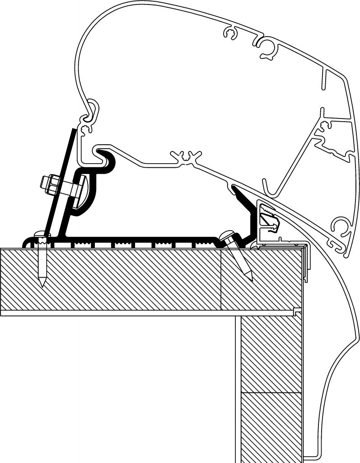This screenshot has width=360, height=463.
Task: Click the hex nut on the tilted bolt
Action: coord(49,184)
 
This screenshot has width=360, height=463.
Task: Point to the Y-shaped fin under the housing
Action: coord(186,156)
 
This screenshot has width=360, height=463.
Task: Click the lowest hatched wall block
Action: coord(271,425)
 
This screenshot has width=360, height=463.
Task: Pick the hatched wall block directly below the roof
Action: coord(271,353)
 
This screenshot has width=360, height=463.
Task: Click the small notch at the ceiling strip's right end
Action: coord(296,311)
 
